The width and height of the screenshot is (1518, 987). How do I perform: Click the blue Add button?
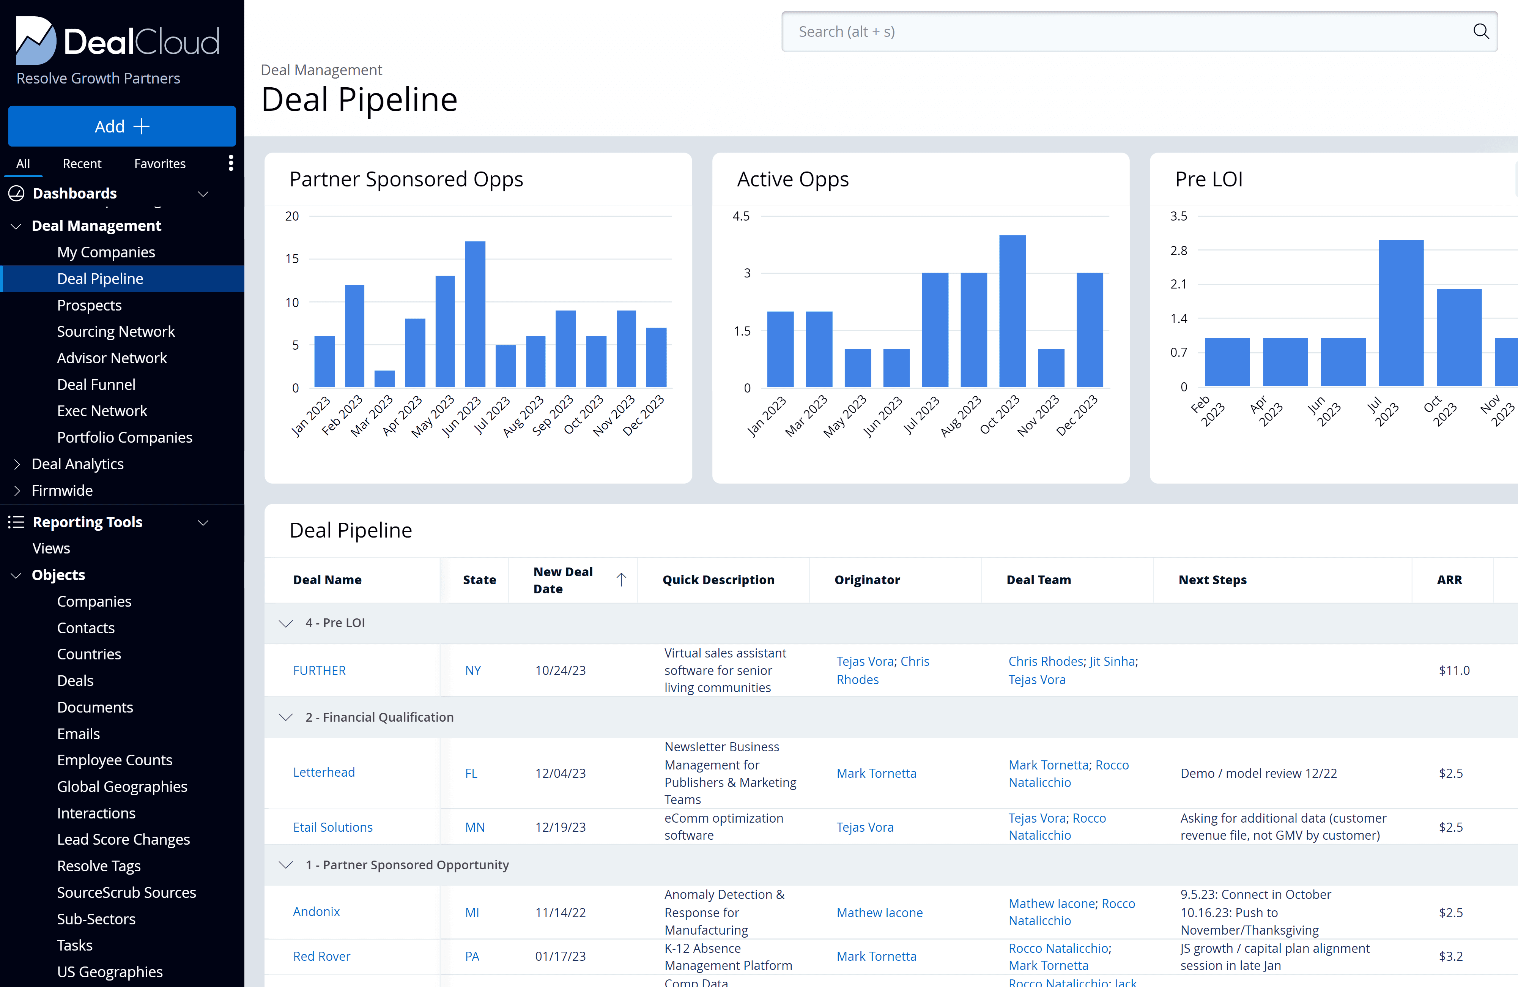[x=122, y=126]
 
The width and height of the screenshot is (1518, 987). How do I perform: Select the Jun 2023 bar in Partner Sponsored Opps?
[x=475, y=314]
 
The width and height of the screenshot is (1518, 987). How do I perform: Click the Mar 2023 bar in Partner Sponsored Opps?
[x=384, y=379]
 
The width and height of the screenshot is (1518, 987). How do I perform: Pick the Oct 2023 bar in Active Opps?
[x=1012, y=311]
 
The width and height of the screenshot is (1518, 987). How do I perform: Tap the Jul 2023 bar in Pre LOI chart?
[x=1401, y=313]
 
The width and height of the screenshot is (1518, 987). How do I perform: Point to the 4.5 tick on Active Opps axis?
[x=741, y=216]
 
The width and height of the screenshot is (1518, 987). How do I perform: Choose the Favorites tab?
[x=159, y=164]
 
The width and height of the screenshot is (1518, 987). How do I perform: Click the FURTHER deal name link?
[x=319, y=670]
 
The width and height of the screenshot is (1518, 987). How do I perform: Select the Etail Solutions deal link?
[x=332, y=828]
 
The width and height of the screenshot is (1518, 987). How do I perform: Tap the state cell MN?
[x=474, y=828]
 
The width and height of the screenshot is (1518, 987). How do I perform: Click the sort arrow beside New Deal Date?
[x=621, y=579]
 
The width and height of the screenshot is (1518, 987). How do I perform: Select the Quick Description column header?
[x=718, y=580]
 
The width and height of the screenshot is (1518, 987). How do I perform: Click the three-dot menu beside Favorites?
[x=231, y=163]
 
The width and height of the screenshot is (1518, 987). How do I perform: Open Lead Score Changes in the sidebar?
[x=123, y=840]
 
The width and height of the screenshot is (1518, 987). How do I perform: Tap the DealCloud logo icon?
[x=36, y=40]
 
